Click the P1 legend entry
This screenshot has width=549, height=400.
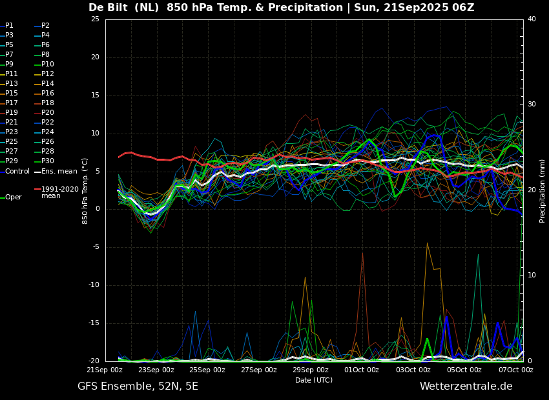(6, 26)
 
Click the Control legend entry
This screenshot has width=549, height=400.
(15, 172)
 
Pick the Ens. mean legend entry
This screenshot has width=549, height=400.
(56, 172)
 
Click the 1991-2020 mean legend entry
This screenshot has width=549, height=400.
(57, 192)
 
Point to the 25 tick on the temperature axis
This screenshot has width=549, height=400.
(95, 19)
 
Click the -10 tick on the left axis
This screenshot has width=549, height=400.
(94, 285)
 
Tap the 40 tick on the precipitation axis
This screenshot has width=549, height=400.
(532, 19)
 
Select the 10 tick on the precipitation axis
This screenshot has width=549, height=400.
(532, 275)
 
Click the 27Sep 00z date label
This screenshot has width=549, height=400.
(259, 370)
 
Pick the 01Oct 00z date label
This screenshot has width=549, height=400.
(361, 370)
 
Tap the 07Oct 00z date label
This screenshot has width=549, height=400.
(515, 370)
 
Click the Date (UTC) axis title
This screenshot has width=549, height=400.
(314, 380)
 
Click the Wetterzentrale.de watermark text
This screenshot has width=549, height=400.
(466, 386)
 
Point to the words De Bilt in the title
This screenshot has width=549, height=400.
(107, 7)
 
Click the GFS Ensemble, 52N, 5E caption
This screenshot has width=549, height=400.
(138, 386)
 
